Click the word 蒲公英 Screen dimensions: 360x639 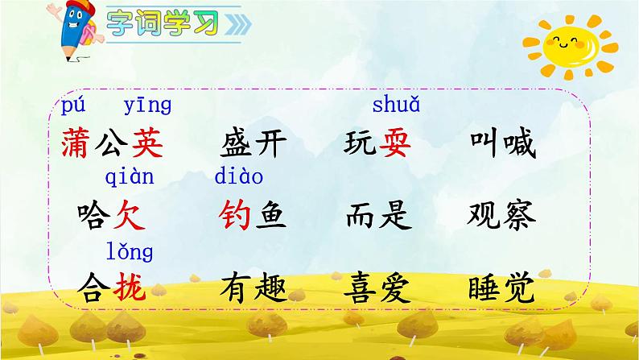[112, 144]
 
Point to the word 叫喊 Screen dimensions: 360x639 [501, 144]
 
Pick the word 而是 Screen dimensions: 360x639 [377, 215]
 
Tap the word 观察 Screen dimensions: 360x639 [501, 215]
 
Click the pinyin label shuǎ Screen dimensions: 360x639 [396, 105]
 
